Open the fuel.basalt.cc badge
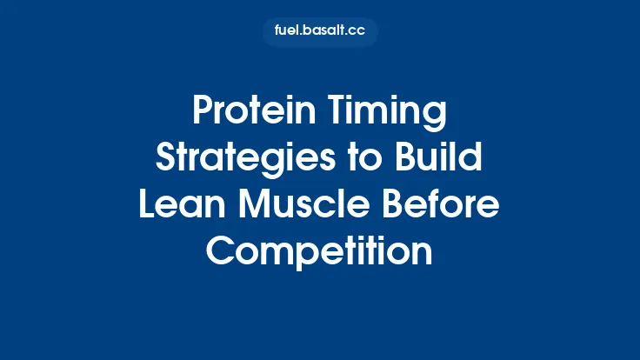320,32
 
